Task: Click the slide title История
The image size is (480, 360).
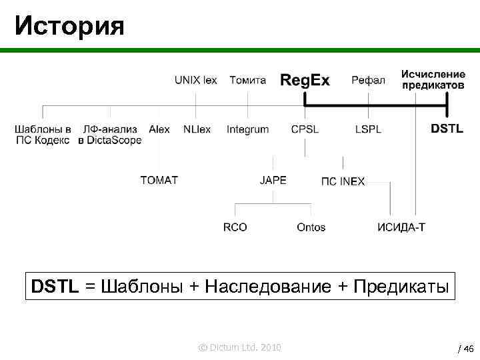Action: point(69,26)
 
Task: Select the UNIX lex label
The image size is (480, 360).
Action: point(195,80)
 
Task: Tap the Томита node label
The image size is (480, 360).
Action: point(247,80)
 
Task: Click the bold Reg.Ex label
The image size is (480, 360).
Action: point(305,81)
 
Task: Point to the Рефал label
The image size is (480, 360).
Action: point(368,80)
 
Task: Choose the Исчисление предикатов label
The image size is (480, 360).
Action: point(433,79)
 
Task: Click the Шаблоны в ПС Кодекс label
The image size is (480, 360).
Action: point(43,135)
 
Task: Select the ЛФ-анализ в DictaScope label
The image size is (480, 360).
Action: point(110,135)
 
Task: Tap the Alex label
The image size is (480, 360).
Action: point(159,129)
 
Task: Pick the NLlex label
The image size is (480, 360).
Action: point(197,129)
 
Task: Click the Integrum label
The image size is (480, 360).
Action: point(247,129)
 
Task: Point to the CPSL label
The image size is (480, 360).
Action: point(305,129)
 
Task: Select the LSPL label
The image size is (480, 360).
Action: point(368,129)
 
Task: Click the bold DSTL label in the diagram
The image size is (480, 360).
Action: point(447,129)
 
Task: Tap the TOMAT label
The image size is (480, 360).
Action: point(159,180)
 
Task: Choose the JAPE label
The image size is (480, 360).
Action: point(273,180)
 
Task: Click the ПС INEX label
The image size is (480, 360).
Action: point(343,181)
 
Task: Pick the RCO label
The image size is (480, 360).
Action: point(235,227)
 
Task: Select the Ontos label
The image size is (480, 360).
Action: point(311,227)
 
